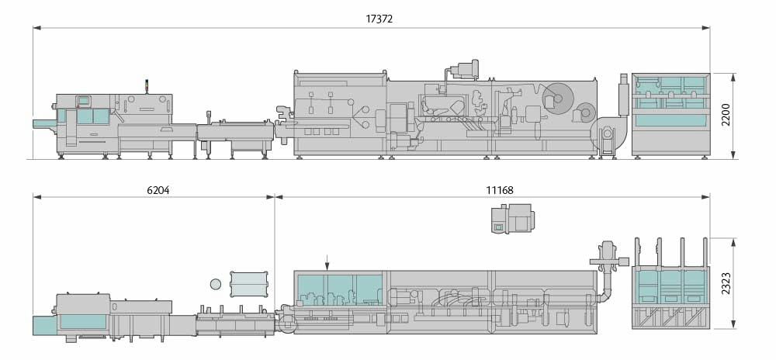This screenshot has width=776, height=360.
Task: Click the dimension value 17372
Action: pos(379,19)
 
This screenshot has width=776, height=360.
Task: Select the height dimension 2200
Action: pos(726,116)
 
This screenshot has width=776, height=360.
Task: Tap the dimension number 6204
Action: pos(158,189)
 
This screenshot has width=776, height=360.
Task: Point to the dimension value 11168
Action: pos(500,189)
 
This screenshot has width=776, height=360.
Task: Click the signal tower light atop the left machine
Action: pos(147,86)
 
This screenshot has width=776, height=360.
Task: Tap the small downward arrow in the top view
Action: pos(327,262)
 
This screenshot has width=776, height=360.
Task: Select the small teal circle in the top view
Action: pos(215,284)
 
